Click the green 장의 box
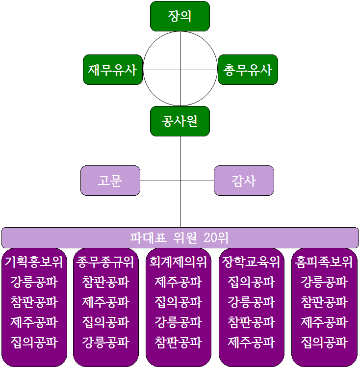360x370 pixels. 180,16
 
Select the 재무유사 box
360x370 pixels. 113,70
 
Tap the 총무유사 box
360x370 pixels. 248,70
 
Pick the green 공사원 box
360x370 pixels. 180,121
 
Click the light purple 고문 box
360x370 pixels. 110,181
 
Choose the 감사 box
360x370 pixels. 244,181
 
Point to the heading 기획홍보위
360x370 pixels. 34,262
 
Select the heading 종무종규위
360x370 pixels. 105,262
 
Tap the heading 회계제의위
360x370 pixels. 178,262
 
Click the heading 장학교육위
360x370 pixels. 251,262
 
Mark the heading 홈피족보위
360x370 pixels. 324,262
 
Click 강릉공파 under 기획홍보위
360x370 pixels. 34,282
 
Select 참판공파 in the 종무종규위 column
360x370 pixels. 105,282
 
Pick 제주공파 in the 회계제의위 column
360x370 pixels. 179,282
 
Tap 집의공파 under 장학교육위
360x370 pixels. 251,282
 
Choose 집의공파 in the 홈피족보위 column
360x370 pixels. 324,343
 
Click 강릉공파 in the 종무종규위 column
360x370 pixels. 105,343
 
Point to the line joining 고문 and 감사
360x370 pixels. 177,181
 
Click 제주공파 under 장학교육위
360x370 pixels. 251,343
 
